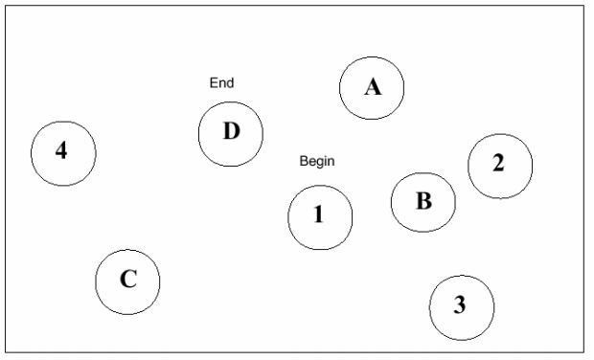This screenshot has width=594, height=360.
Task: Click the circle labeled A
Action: (x=340, y=88)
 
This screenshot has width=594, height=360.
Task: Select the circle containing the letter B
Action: (x=391, y=203)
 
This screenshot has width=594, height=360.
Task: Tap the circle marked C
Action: (x=96, y=282)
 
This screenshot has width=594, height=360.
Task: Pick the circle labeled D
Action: (x=198, y=134)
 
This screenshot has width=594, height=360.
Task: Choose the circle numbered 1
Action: (x=288, y=217)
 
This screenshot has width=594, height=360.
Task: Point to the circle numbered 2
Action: (x=468, y=167)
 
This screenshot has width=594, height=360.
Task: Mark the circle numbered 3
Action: (x=429, y=307)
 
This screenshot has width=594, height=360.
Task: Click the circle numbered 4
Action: (x=31, y=154)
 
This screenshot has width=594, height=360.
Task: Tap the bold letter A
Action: (x=373, y=87)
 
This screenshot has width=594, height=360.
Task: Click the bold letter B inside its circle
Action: (x=423, y=201)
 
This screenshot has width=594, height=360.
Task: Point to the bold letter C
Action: (x=128, y=279)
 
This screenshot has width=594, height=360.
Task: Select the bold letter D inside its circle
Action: (x=232, y=131)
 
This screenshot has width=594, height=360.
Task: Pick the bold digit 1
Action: (x=319, y=214)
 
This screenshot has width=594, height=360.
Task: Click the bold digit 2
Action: (x=498, y=163)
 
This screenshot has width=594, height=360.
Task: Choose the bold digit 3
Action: (x=460, y=304)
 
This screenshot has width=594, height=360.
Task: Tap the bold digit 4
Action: (x=61, y=150)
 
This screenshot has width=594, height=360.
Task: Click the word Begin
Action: (x=317, y=161)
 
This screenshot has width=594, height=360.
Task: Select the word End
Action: (x=221, y=83)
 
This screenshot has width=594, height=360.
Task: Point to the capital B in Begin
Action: (x=303, y=161)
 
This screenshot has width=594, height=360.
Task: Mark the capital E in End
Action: (x=214, y=83)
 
